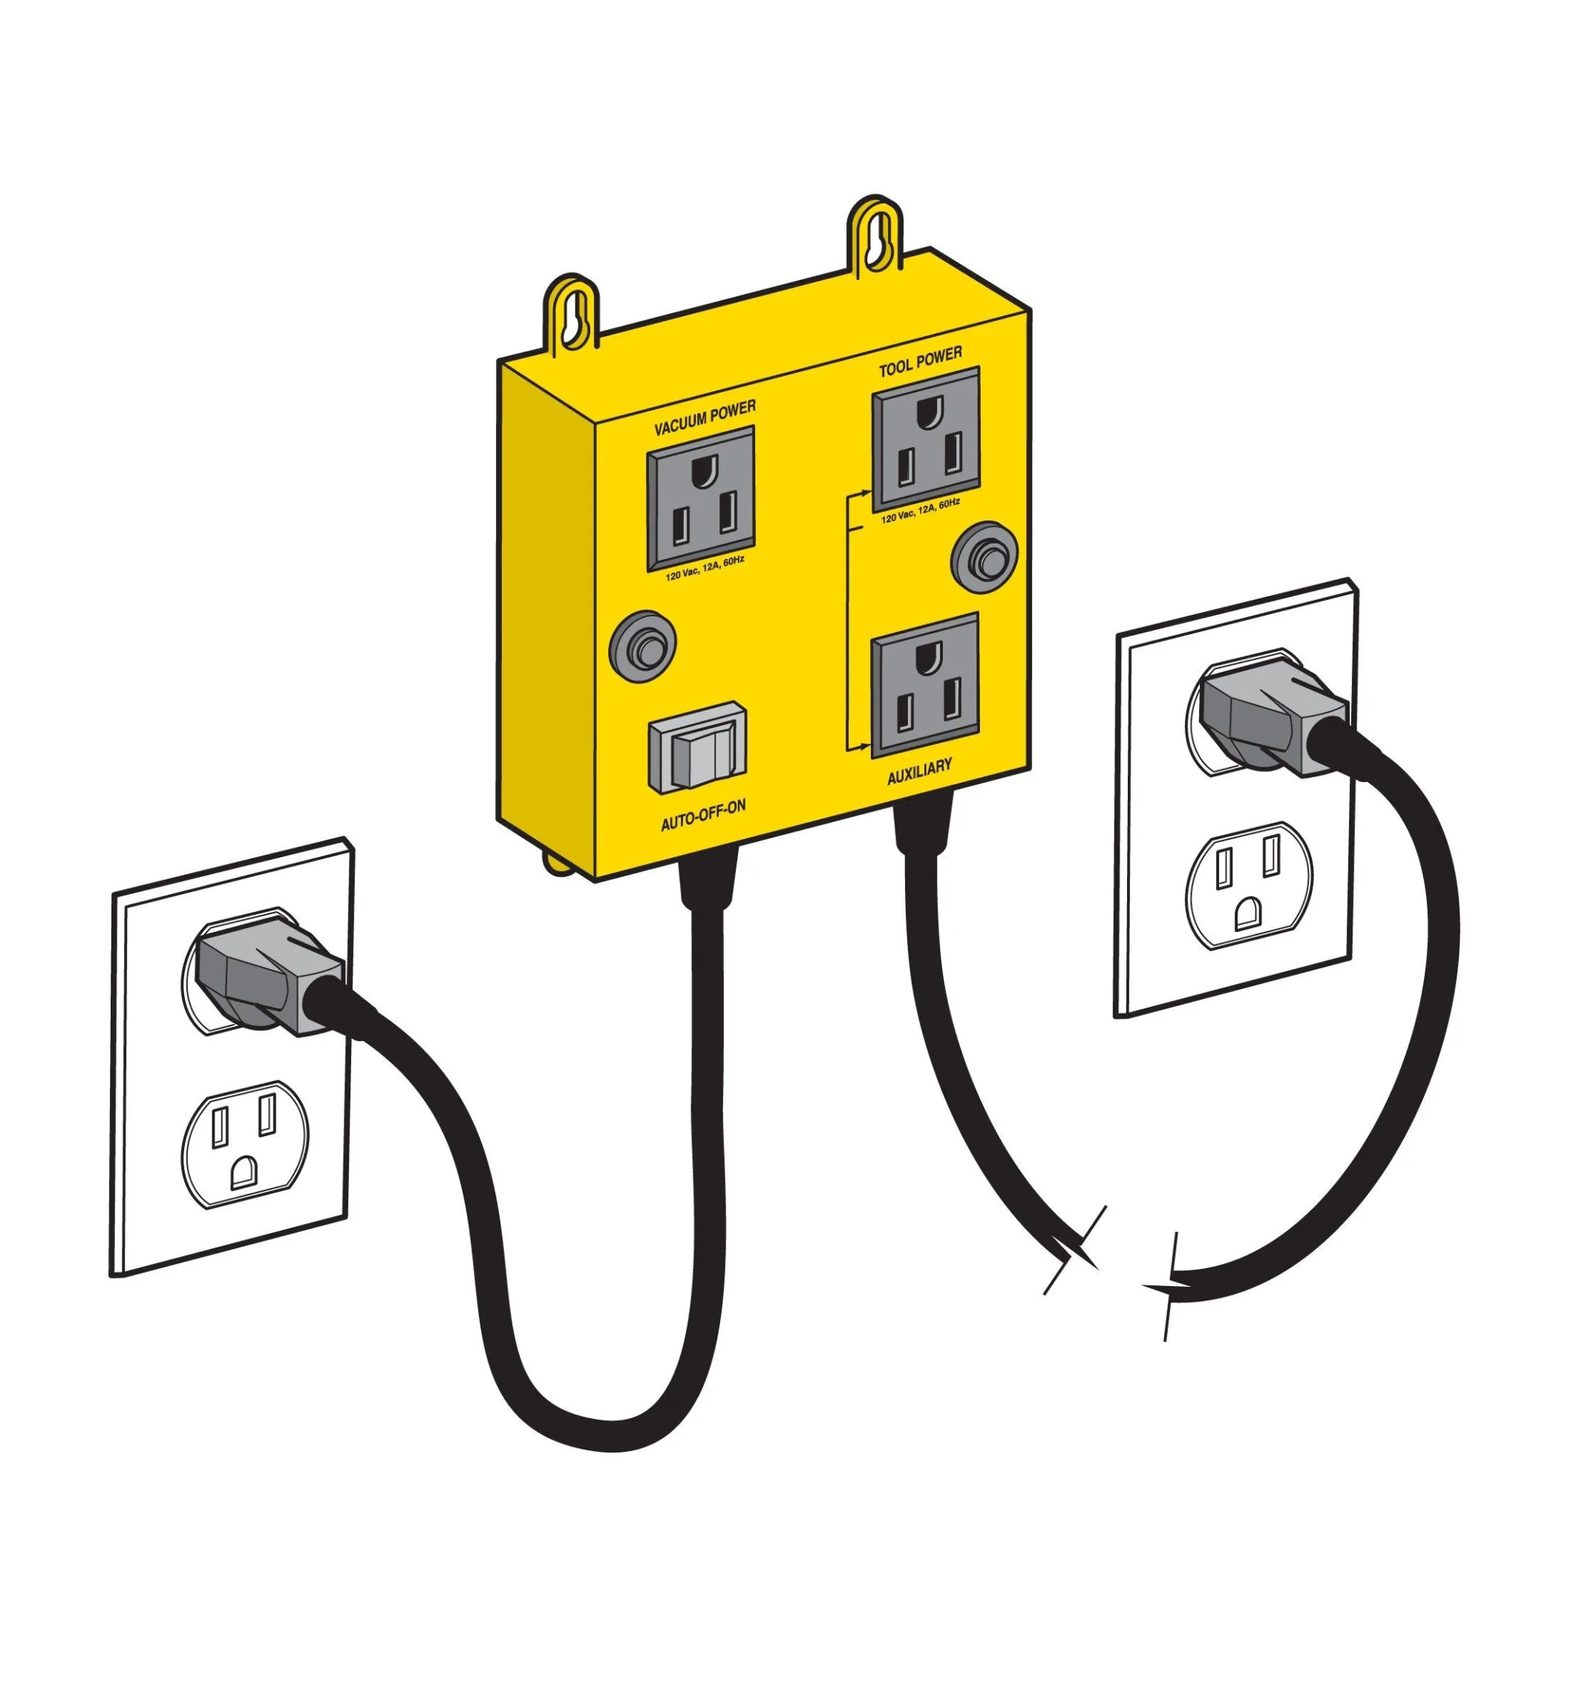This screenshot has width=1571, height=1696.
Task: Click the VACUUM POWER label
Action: (705, 417)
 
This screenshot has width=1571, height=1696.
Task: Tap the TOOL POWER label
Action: (921, 360)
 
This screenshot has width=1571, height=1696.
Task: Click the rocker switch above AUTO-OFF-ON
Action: (698, 747)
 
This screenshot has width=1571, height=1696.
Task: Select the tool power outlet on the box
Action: (927, 439)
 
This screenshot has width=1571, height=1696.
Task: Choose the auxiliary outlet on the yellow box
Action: (926, 685)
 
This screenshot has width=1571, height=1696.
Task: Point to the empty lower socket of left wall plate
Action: (245, 1144)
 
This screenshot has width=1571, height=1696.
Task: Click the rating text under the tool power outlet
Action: (921, 511)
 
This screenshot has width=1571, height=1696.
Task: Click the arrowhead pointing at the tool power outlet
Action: (866, 492)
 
